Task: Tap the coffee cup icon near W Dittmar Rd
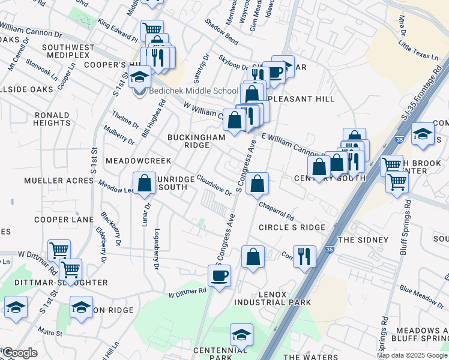click(219, 276)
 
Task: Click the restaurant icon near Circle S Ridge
click(304, 256)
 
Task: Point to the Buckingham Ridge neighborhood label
click(196, 141)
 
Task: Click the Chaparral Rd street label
click(277, 209)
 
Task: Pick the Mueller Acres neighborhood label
click(51, 181)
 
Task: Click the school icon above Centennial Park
click(241, 334)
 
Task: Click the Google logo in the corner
click(19, 353)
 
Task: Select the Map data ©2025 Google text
click(411, 355)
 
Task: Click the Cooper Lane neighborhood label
click(64, 220)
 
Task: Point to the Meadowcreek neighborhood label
click(138, 161)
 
